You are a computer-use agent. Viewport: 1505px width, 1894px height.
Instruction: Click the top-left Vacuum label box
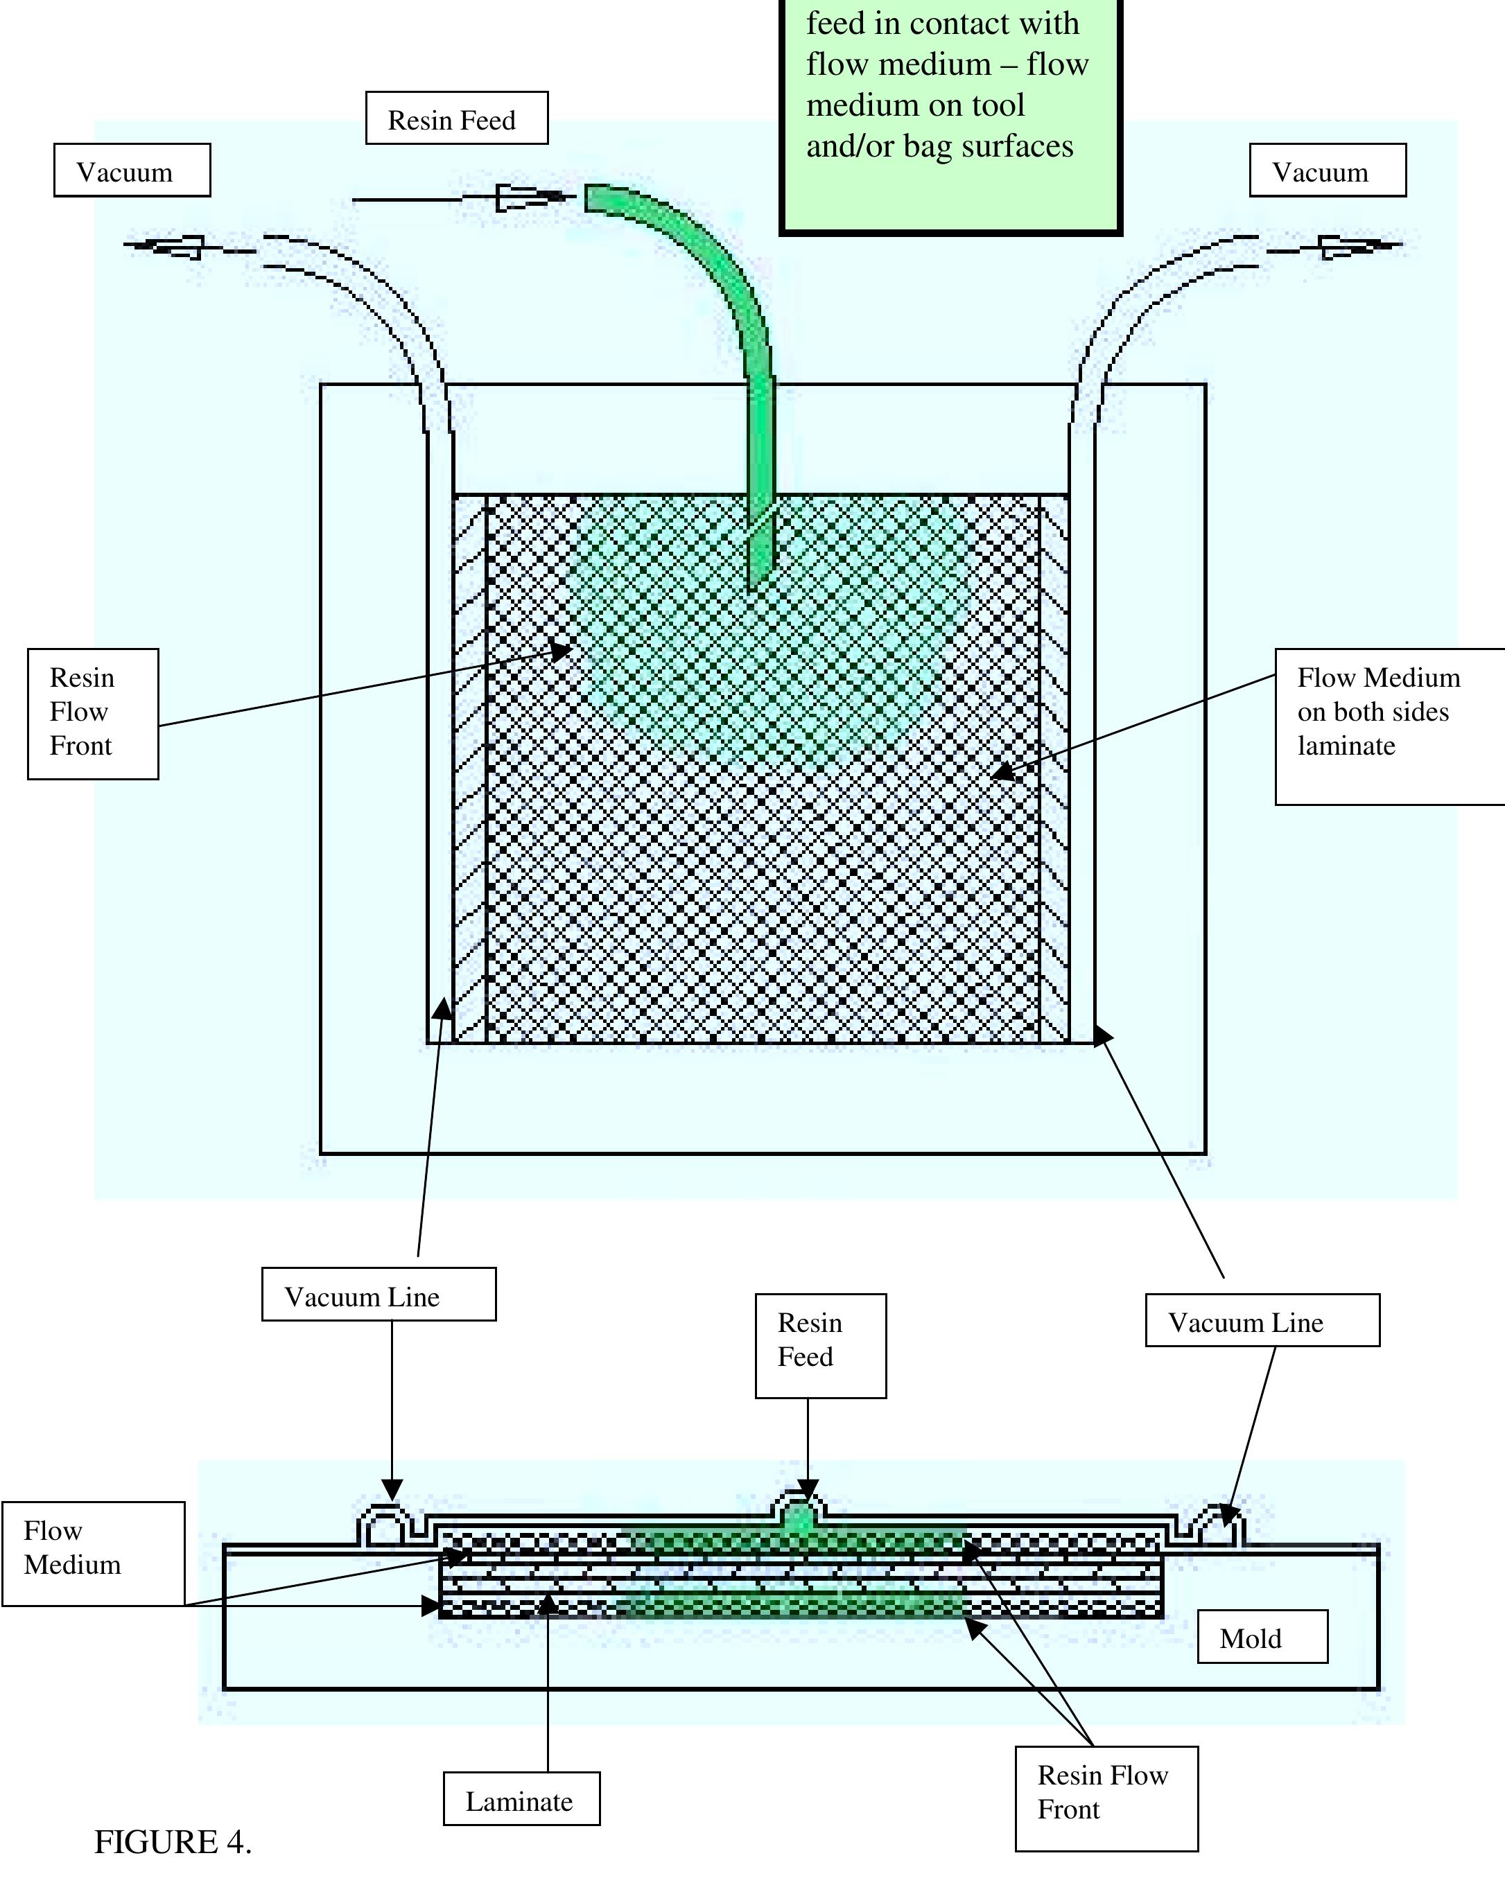pyautogui.click(x=132, y=170)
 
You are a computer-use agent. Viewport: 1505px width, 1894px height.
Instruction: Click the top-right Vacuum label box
pyautogui.click(x=1327, y=170)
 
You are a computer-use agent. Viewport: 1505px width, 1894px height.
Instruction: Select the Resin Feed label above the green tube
pyautogui.click(x=456, y=119)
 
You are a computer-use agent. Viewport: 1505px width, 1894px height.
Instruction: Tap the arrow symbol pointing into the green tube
pyautogui.click(x=529, y=198)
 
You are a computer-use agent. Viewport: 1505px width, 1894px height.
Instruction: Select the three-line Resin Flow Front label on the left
pyautogui.click(x=92, y=713)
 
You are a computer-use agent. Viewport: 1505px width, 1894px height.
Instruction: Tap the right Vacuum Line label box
pyautogui.click(x=1262, y=1322)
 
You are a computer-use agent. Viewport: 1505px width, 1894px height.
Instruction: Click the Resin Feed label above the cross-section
pyautogui.click(x=819, y=1345)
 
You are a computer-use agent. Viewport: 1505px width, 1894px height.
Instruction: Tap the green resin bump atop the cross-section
pyautogui.click(x=799, y=1519)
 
